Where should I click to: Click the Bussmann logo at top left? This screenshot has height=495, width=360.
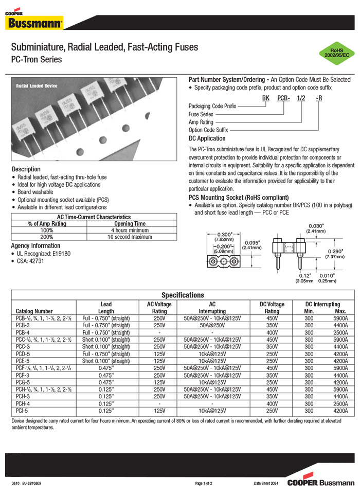pos(35,21)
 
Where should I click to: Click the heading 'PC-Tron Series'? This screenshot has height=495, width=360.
pos(37,59)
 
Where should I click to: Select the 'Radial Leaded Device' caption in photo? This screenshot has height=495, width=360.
pos(37,86)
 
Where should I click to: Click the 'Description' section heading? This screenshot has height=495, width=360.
pos(26,169)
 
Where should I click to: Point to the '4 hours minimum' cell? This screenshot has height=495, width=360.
pos(130,231)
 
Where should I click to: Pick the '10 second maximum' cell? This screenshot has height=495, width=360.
pos(130,237)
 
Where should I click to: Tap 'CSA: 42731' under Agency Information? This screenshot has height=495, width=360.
pos(31,261)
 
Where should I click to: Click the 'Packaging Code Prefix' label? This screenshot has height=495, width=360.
pos(212,106)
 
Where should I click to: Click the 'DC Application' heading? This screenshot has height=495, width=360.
pos(207,138)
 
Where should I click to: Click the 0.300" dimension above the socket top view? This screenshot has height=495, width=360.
pos(217,234)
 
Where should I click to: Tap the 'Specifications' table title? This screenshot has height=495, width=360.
pos(183,295)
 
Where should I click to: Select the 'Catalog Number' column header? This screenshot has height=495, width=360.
pos(34,311)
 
